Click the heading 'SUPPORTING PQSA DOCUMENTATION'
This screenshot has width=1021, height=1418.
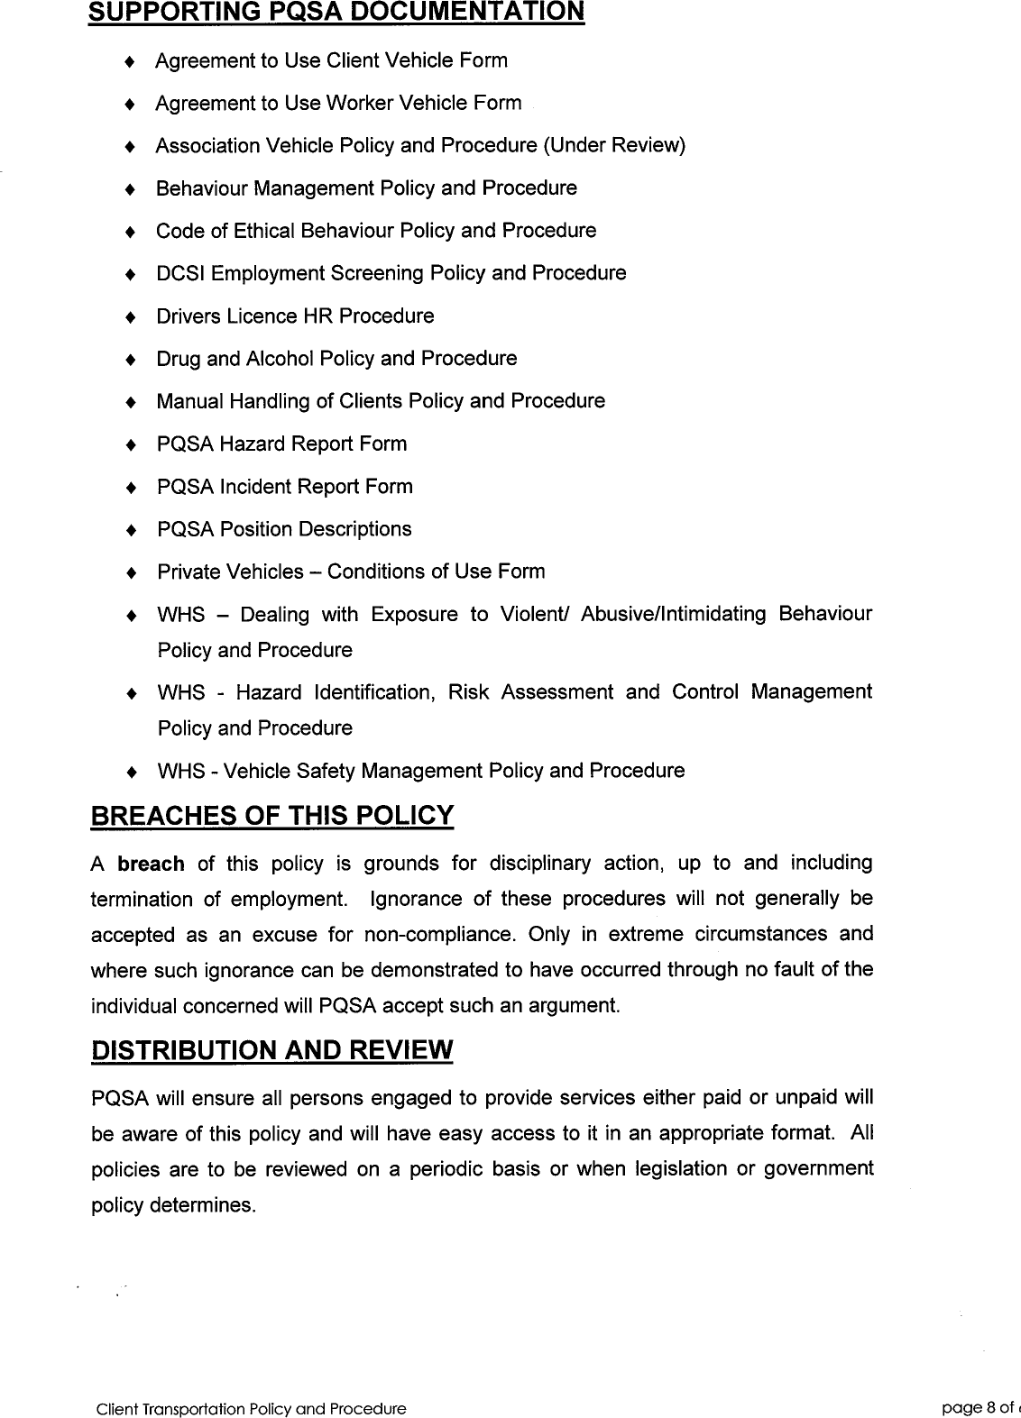336,12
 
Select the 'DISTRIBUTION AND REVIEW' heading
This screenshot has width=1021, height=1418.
271,1050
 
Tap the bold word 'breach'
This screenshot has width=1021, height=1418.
151,864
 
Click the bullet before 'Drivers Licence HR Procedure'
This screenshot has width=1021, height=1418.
131,317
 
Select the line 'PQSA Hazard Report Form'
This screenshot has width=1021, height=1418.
281,444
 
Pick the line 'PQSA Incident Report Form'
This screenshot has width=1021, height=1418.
284,487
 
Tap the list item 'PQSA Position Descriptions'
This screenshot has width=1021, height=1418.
284,529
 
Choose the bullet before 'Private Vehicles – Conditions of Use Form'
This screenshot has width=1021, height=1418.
131,572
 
